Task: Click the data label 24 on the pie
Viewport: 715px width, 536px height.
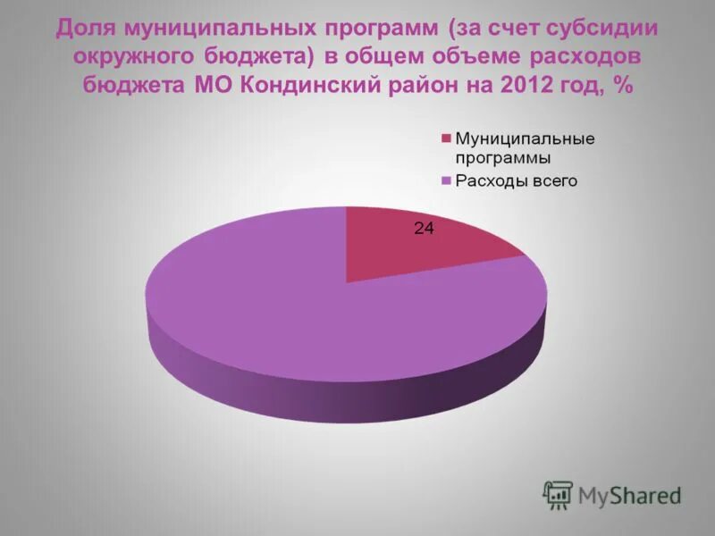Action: pyautogui.click(x=424, y=229)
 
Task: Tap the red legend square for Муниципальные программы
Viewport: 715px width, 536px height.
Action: pyautogui.click(x=446, y=138)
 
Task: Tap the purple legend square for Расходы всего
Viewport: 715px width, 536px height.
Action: pyautogui.click(x=446, y=181)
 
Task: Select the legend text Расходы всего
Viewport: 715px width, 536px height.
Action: pyautogui.click(x=516, y=181)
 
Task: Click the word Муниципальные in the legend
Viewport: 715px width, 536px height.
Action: pyautogui.click(x=525, y=138)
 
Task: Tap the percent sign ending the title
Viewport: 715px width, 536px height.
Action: pyautogui.click(x=622, y=87)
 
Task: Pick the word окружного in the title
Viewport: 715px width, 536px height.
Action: pyautogui.click(x=124, y=57)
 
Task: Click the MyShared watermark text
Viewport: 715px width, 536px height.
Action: pyautogui.click(x=629, y=495)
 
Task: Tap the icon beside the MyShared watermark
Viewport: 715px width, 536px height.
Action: pyautogui.click(x=558, y=494)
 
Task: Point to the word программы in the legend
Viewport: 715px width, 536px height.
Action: pyautogui.click(x=503, y=159)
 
